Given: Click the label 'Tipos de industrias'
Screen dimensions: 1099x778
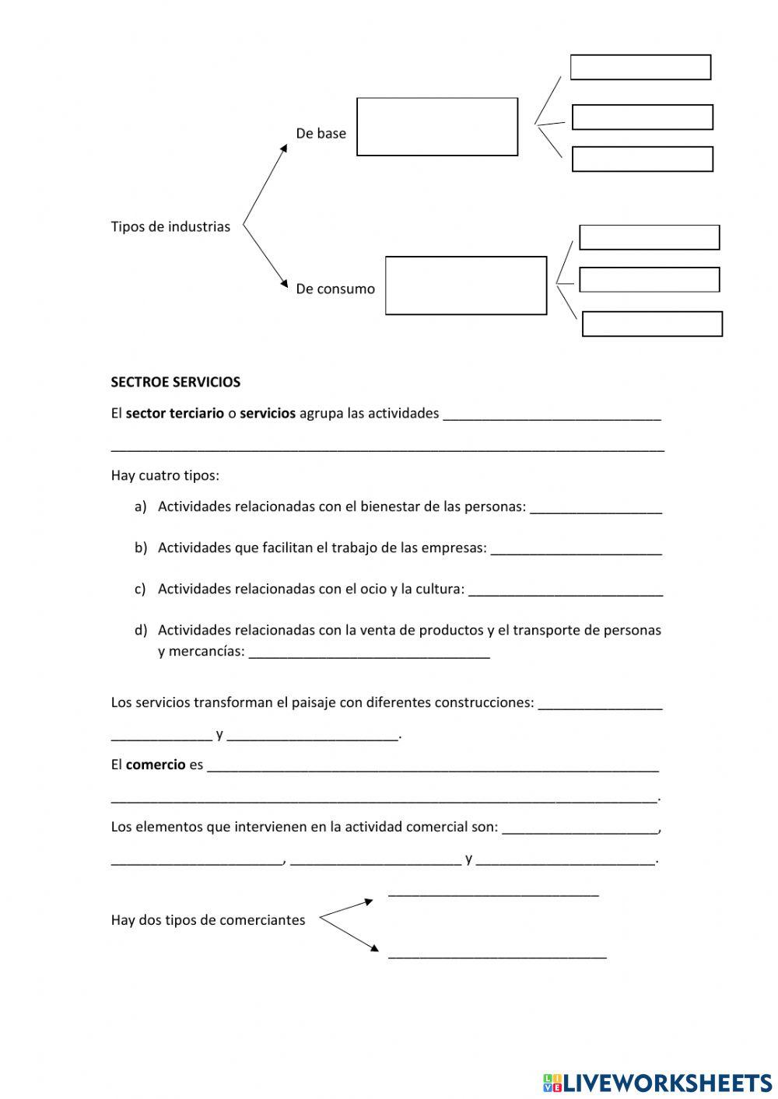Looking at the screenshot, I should coord(170,227).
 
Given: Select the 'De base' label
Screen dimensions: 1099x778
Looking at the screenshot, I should coord(321,134).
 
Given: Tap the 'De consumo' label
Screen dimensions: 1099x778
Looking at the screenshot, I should coord(335,289).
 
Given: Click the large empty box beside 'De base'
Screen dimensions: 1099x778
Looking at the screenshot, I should coord(437,127).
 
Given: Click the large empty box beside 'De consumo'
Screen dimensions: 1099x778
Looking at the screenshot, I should coord(466,285).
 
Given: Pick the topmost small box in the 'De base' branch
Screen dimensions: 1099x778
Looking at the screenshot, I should coord(640,68).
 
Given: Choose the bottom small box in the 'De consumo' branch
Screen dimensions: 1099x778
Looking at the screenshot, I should coord(652,324).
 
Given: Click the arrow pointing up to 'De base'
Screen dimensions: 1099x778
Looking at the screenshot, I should coord(265,184).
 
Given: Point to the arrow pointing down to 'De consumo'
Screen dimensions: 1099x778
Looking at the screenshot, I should coord(265,260).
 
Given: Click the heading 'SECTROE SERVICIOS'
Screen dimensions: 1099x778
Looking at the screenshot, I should coord(175,383).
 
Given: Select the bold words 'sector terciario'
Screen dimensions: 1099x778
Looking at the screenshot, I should coord(174,414).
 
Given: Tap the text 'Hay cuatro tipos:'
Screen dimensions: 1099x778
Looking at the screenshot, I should coord(165,476).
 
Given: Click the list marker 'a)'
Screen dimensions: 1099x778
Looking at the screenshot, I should coord(140,507).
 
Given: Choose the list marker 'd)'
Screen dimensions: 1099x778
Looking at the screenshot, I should coord(140,630).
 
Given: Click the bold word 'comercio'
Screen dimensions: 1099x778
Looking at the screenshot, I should coord(156,765).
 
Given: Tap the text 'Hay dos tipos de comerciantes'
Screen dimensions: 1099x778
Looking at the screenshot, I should coord(208,920).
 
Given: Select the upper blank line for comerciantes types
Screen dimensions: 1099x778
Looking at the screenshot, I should coord(493,893).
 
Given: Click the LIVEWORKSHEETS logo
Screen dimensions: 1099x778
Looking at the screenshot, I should coord(657,1082).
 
